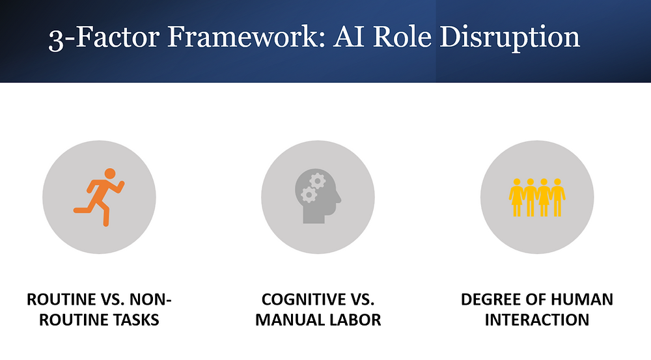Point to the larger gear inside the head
pyautogui.click(x=318, y=182)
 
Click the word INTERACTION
pyautogui.click(x=537, y=320)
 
